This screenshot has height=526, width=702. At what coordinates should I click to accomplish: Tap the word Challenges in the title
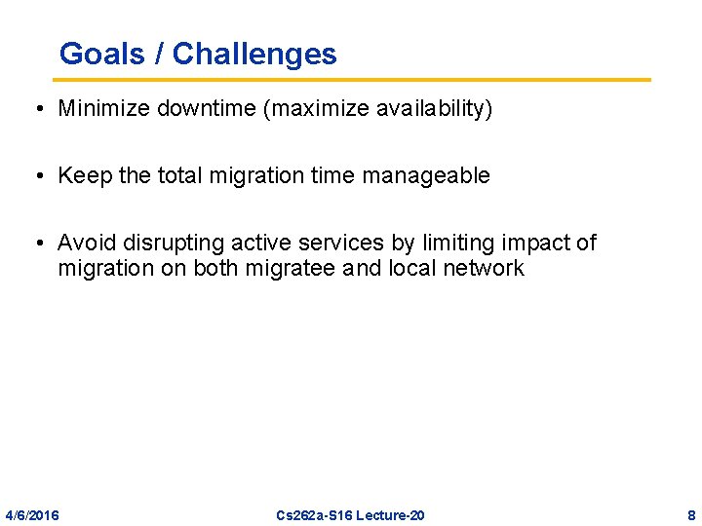[254, 54]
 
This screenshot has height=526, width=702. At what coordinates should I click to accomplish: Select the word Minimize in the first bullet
[99, 109]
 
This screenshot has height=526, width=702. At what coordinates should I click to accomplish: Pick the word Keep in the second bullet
[84, 176]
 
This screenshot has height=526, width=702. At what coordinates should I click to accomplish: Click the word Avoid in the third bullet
[87, 243]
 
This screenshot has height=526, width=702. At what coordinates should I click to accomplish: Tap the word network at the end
[484, 268]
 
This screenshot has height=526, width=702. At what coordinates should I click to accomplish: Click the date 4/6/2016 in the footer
[32, 515]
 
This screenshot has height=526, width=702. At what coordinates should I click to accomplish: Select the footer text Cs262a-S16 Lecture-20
[350, 515]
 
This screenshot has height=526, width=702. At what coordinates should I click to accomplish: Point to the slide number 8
[690, 515]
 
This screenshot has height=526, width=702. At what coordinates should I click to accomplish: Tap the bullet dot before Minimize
[34, 109]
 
